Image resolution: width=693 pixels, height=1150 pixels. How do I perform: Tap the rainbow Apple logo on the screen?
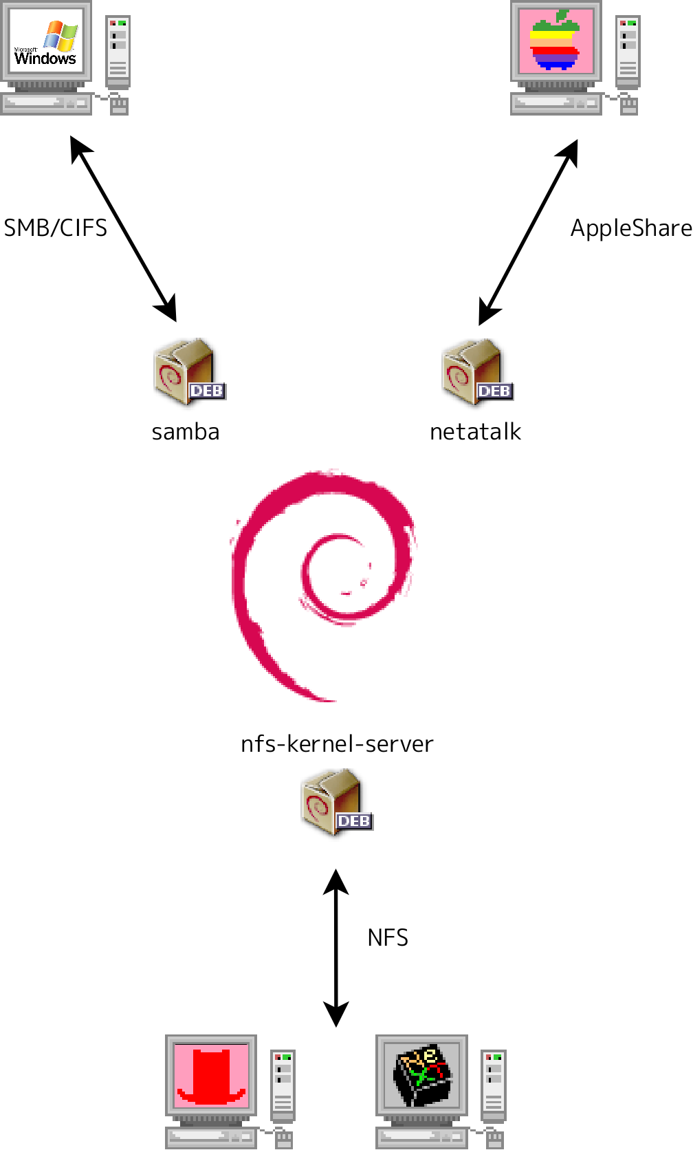click(555, 41)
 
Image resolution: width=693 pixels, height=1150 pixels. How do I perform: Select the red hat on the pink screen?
click(211, 1077)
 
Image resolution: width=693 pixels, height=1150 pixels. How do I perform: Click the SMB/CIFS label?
click(56, 228)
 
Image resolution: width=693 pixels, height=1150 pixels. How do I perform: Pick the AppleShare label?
click(630, 228)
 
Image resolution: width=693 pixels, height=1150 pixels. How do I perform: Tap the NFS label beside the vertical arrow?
click(388, 937)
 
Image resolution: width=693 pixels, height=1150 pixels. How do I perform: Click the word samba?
click(186, 432)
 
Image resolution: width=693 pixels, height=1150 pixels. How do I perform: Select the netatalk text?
click(475, 432)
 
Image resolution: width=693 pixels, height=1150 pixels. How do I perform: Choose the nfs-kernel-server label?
click(337, 744)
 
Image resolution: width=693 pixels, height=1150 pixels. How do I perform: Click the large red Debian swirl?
click(323, 585)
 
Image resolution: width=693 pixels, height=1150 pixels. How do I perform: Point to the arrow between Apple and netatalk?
click(528, 232)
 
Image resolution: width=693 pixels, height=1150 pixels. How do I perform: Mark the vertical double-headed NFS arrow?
click(336, 948)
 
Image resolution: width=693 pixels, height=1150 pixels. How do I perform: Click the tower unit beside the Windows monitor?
click(118, 52)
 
